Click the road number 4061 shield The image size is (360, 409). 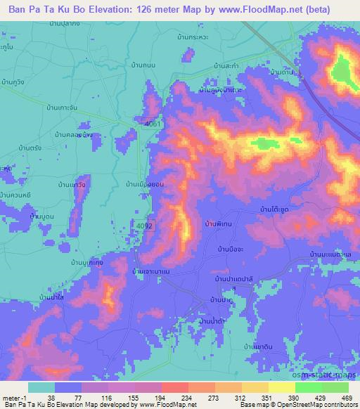tap(152, 124)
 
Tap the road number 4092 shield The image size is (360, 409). tap(145, 226)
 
